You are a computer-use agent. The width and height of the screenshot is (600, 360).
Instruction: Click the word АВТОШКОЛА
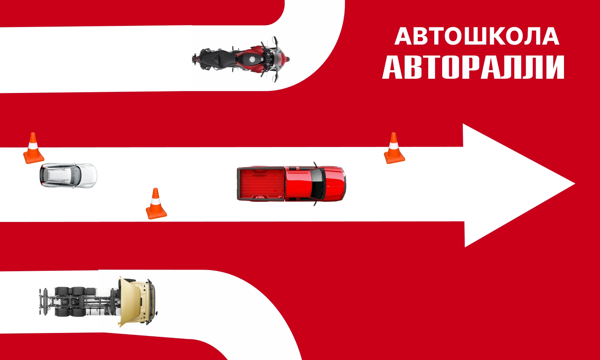[x=477, y=36]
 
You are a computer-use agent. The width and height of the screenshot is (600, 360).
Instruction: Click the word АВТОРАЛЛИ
[x=473, y=67]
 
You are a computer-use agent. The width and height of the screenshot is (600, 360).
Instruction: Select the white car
[x=68, y=175]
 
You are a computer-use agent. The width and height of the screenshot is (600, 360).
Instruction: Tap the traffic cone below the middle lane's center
[x=156, y=204]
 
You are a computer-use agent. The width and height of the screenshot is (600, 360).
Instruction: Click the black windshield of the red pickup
[x=318, y=184]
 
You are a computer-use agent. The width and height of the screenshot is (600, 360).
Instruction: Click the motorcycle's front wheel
[x=283, y=59]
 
